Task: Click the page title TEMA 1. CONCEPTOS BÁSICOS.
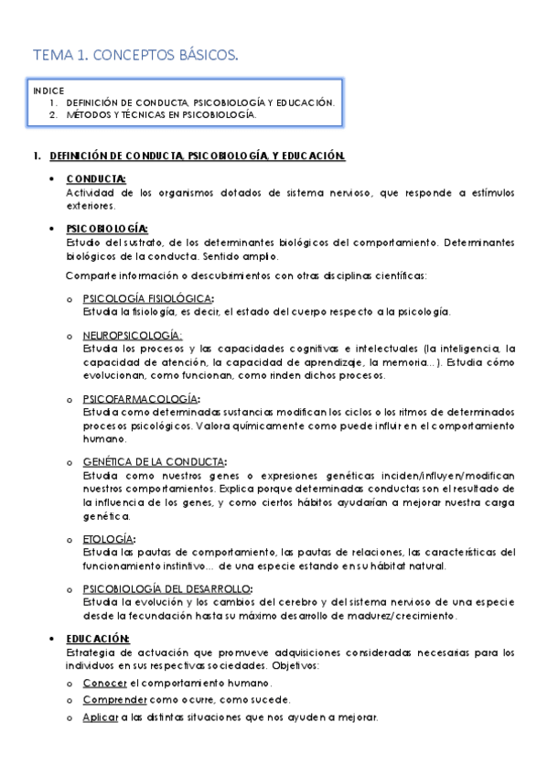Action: tap(135, 57)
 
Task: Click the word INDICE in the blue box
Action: tap(48, 92)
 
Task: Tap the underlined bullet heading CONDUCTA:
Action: tap(96, 179)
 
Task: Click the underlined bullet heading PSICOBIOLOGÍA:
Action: tap(106, 228)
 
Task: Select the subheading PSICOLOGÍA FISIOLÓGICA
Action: tap(148, 298)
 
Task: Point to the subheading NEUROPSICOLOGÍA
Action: tap(132, 336)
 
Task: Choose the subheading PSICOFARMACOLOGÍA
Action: tap(141, 399)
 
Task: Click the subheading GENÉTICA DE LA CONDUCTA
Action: tap(155, 462)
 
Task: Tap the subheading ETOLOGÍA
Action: tap(109, 539)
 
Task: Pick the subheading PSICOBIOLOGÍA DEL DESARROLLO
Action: tap(167, 588)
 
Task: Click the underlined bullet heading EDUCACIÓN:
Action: tap(98, 638)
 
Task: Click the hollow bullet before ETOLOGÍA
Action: tap(70, 540)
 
